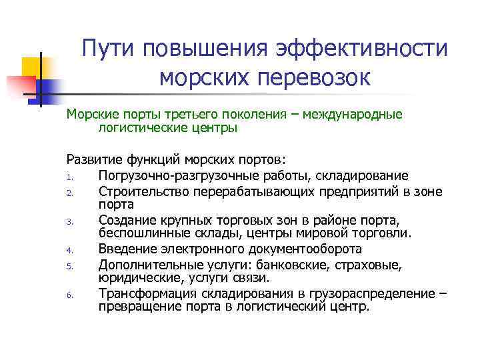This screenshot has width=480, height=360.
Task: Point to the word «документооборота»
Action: click(x=298, y=249)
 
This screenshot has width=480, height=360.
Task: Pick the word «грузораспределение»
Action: click(x=366, y=293)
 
